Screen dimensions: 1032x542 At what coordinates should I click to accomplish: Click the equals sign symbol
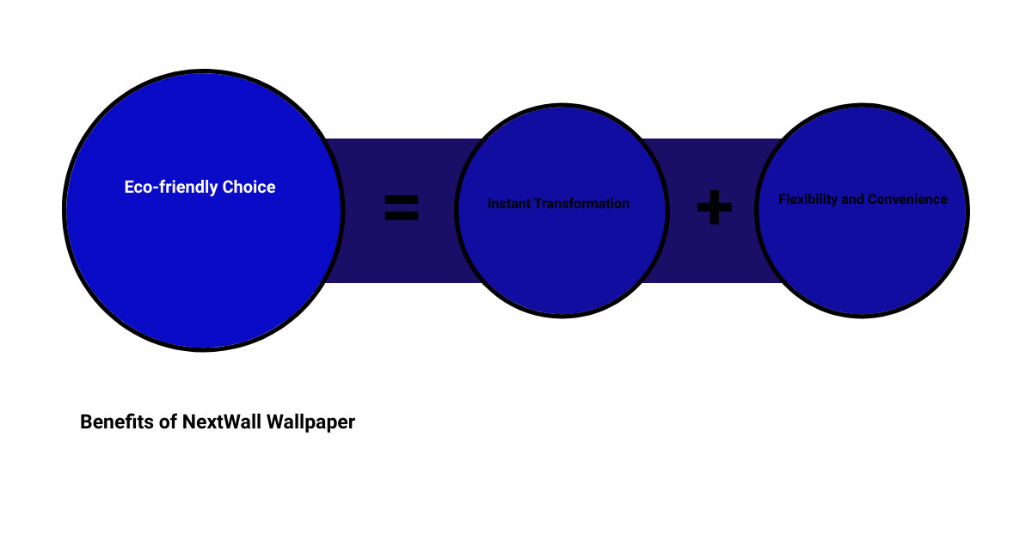tap(402, 207)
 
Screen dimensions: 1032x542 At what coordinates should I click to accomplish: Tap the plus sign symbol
tap(715, 207)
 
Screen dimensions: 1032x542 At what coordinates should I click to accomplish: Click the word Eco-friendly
tap(171, 188)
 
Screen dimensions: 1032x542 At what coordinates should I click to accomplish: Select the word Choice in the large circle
tap(249, 188)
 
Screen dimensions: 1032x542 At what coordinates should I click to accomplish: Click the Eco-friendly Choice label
tap(200, 188)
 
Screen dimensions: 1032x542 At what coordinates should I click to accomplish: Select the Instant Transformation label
tap(558, 203)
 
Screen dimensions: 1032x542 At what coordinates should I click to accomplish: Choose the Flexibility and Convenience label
tap(863, 199)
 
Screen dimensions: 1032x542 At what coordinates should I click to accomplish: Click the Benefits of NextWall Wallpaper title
tap(218, 422)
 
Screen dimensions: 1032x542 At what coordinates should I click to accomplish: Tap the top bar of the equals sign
tap(402, 200)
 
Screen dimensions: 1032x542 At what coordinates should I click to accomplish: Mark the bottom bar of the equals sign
tap(402, 216)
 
